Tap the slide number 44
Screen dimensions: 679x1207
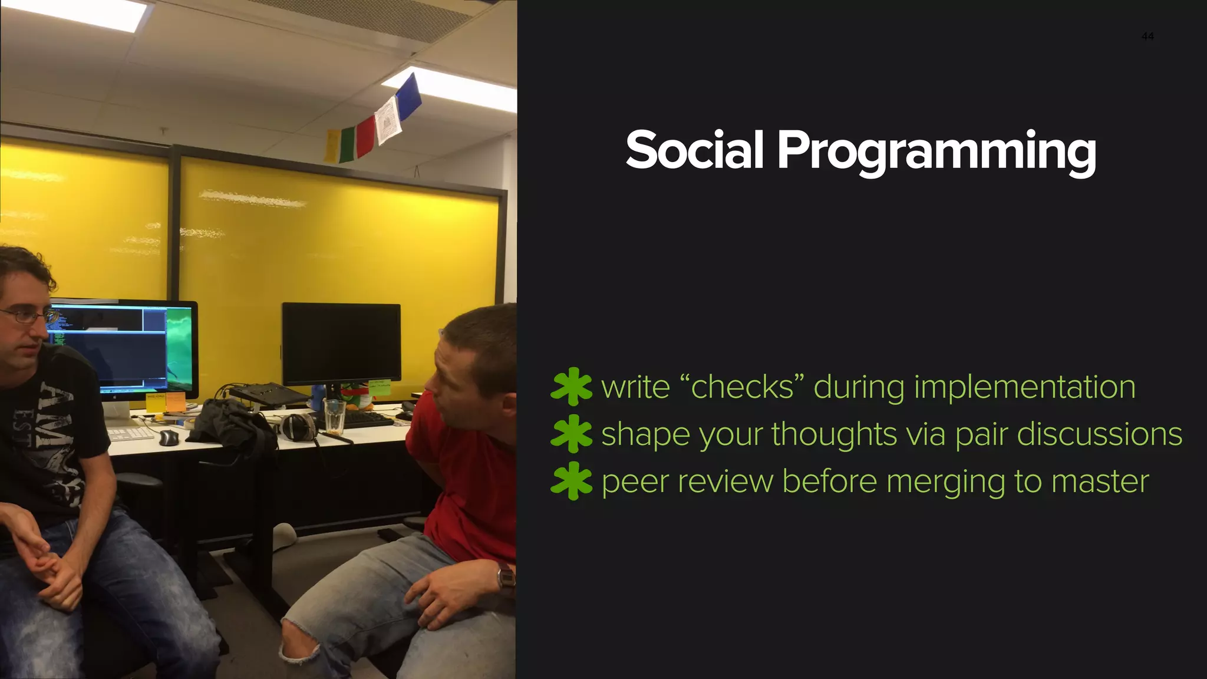(x=1147, y=37)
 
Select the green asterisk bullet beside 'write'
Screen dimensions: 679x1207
(x=570, y=387)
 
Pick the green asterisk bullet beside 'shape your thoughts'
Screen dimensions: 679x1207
(x=570, y=434)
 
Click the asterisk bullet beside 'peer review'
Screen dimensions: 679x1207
(x=570, y=481)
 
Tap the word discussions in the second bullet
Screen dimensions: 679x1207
(x=1099, y=434)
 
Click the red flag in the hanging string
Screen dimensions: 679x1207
(x=366, y=136)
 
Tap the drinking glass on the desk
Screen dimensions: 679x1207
(x=334, y=415)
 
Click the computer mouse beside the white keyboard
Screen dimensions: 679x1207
(x=169, y=437)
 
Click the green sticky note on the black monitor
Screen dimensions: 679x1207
(x=379, y=387)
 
